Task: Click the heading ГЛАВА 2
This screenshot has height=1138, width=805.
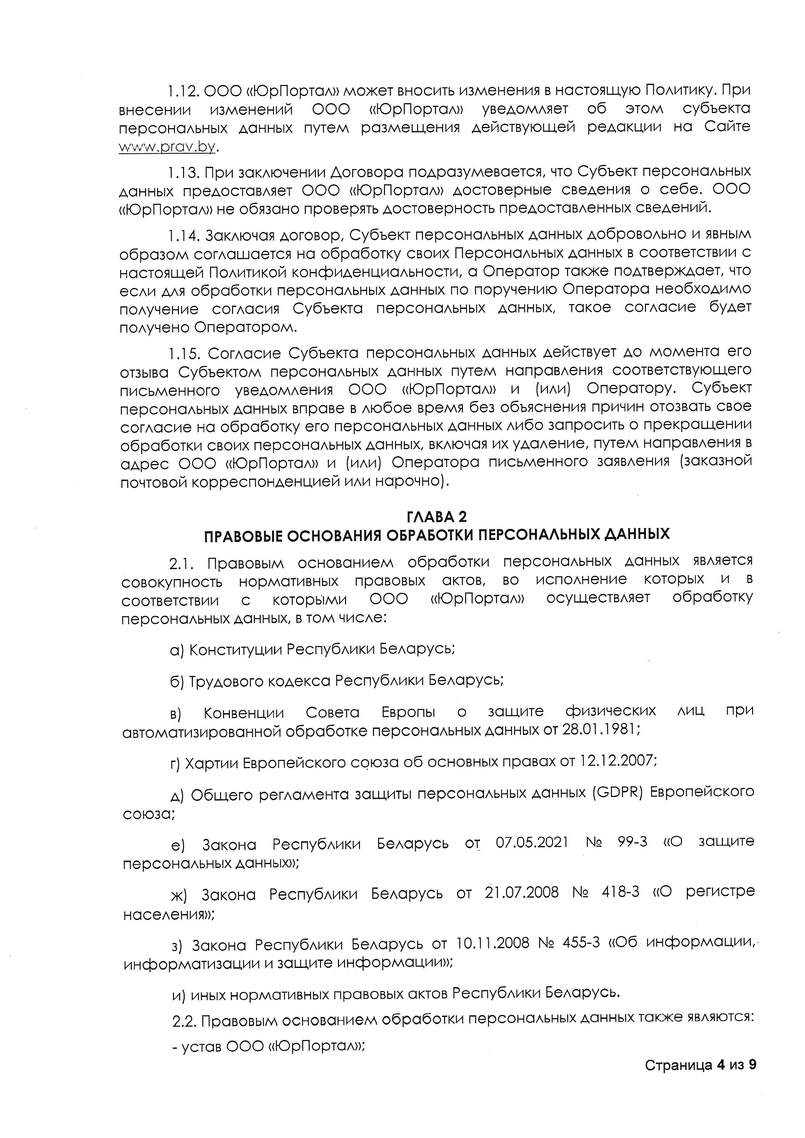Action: click(x=436, y=517)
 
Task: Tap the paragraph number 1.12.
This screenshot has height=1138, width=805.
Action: click(x=183, y=91)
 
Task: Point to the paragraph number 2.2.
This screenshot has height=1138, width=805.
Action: click(x=185, y=1022)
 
